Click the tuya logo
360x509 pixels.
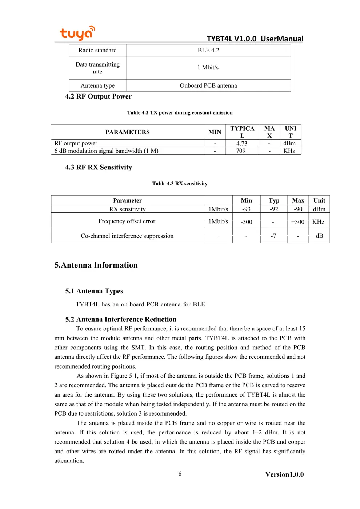(x=77, y=33)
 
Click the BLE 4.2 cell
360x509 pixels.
(x=208, y=50)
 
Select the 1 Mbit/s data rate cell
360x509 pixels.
(x=208, y=68)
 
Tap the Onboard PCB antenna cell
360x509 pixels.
(x=208, y=85)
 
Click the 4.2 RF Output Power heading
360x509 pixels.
(x=98, y=96)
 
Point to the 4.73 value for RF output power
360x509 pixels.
(x=242, y=144)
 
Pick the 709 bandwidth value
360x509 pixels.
(x=241, y=151)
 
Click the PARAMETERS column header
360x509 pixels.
(x=127, y=132)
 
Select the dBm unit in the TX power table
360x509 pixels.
(x=289, y=144)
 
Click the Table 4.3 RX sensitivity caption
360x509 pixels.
(x=180, y=184)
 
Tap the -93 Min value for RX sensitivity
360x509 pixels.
(x=246, y=209)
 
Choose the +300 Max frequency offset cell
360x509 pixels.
(x=297, y=222)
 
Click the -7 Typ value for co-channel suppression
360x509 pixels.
(x=273, y=236)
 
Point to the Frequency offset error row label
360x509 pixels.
(x=127, y=221)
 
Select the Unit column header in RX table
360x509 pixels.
(x=319, y=200)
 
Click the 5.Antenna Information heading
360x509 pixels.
(x=96, y=265)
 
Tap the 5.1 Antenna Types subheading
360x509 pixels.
(x=94, y=291)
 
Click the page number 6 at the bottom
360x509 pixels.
(x=180, y=473)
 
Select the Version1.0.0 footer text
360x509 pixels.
(x=284, y=474)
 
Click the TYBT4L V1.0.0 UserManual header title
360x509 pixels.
(x=255, y=39)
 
